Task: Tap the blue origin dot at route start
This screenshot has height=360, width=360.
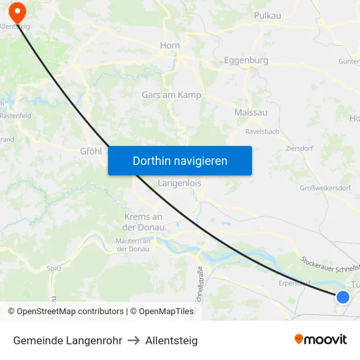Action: [x=342, y=297]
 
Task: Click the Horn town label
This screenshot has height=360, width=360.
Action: [x=170, y=46]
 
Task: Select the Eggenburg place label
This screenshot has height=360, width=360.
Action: [x=245, y=60]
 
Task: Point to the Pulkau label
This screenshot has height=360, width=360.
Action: [x=268, y=15]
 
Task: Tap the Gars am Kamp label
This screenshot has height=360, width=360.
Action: [x=171, y=95]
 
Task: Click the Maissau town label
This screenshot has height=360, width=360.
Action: [x=251, y=113]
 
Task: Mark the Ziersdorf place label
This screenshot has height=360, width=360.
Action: [x=299, y=149]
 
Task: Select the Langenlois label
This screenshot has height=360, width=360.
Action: [x=179, y=184]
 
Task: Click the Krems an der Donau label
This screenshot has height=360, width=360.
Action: [x=143, y=221]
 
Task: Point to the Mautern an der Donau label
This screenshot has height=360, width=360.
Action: [x=134, y=245]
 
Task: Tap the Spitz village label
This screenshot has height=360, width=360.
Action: [x=54, y=268]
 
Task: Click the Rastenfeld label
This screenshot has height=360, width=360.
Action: [x=15, y=116]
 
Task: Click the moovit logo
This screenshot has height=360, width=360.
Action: [x=320, y=339]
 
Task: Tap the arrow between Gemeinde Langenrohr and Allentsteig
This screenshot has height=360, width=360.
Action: [x=134, y=340]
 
